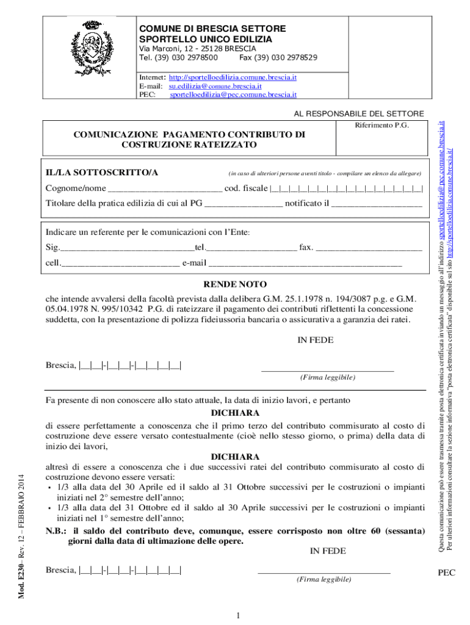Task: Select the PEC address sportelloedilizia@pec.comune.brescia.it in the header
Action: coord(233,95)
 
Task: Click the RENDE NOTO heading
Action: coord(235,285)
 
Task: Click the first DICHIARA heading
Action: coord(235,413)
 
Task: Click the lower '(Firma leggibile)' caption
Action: coord(324,579)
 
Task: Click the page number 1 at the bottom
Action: coord(236,615)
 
